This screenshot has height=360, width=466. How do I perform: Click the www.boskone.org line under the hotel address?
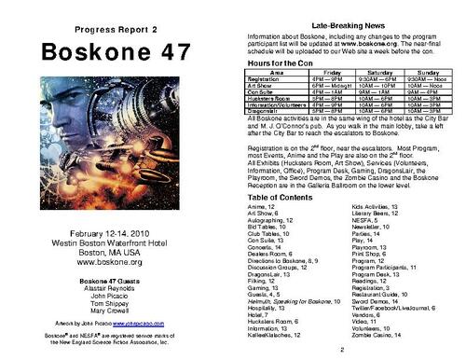click(x=108, y=262)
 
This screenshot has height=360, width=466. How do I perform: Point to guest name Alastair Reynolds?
click(x=108, y=289)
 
